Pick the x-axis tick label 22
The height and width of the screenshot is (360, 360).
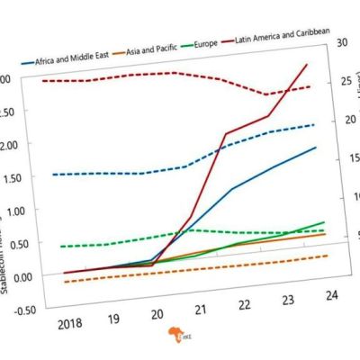pyautogui.click(x=246, y=305)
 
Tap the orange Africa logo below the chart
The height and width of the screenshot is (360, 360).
pyautogui.click(x=174, y=335)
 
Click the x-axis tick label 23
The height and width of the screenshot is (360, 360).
pyautogui.click(x=289, y=300)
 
